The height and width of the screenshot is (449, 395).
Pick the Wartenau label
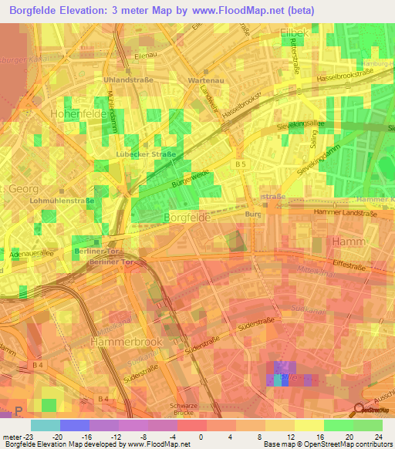204,79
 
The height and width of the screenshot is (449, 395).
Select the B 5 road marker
240,164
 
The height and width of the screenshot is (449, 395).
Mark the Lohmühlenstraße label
59,201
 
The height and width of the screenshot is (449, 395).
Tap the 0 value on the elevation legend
200,434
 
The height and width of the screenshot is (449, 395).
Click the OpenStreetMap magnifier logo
360,411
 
